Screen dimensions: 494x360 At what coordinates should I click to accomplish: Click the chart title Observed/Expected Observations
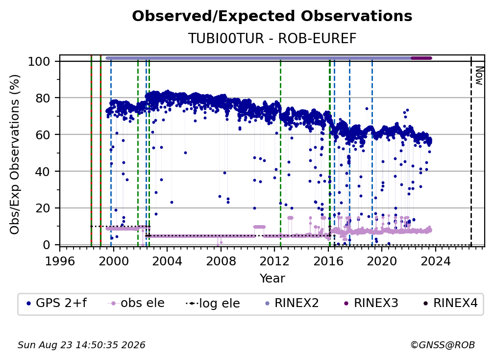[272, 16]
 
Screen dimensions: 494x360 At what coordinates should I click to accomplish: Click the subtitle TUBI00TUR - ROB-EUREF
[272, 38]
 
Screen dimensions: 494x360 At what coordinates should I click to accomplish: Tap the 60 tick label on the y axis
[43, 134]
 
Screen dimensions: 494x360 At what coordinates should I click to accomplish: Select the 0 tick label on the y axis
[47, 245]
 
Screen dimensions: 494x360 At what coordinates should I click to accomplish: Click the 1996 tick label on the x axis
[60, 261]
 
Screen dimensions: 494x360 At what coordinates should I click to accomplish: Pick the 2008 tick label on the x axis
[221, 261]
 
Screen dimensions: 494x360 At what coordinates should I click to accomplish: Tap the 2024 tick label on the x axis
[435, 261]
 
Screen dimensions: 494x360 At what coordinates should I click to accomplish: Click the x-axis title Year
[272, 279]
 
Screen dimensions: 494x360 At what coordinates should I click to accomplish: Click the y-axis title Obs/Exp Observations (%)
[15, 154]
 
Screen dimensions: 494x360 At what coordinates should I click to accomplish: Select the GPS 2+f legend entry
[56, 303]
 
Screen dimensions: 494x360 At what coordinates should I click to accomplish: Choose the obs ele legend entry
[136, 303]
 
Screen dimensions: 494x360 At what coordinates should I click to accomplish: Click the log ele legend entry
[213, 304]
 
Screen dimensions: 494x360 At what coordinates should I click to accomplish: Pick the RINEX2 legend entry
[292, 303]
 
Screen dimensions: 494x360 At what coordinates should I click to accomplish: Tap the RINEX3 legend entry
[371, 303]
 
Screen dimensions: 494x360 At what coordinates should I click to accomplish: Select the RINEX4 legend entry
[450, 303]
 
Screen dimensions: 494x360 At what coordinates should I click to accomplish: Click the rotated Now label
[479, 76]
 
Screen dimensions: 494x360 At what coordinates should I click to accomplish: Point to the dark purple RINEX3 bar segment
[421, 58]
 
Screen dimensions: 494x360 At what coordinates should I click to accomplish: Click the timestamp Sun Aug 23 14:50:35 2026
[81, 345]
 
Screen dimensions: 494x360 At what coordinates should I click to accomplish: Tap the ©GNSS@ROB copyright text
[443, 345]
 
